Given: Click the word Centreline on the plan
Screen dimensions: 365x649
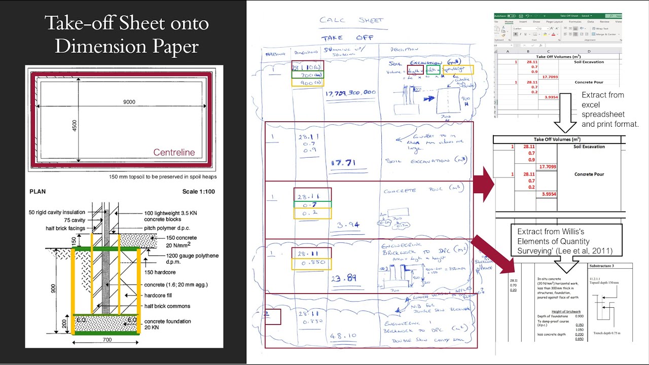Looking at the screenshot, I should [x=174, y=153].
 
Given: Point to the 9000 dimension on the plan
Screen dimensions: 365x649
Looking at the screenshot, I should [x=129, y=102].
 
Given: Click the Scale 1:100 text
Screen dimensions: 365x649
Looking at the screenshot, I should [x=202, y=192].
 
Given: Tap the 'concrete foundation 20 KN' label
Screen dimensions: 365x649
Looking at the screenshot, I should [x=167, y=324].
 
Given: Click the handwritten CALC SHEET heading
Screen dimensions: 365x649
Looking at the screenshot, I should [x=352, y=20].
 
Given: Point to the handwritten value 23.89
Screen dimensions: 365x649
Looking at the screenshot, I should [x=344, y=278].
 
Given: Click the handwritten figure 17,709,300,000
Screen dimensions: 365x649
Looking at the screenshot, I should [x=351, y=93].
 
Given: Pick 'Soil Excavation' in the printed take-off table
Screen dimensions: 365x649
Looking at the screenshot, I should [x=589, y=147].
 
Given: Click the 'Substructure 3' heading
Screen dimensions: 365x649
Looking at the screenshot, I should [x=601, y=266].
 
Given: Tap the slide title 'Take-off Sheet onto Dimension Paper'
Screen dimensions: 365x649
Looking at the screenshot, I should [x=126, y=34].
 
